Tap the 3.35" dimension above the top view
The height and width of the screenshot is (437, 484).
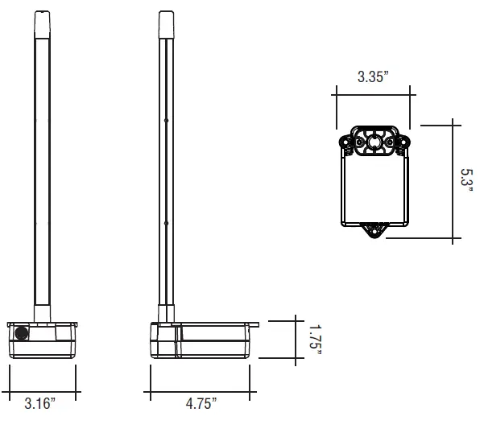[x=373, y=78]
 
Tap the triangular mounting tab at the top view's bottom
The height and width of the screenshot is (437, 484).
[x=373, y=230]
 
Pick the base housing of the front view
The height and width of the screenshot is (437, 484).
[x=43, y=340]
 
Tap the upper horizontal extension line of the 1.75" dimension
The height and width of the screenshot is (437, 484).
[x=282, y=320]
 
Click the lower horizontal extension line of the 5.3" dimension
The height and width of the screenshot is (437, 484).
[x=427, y=239]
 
